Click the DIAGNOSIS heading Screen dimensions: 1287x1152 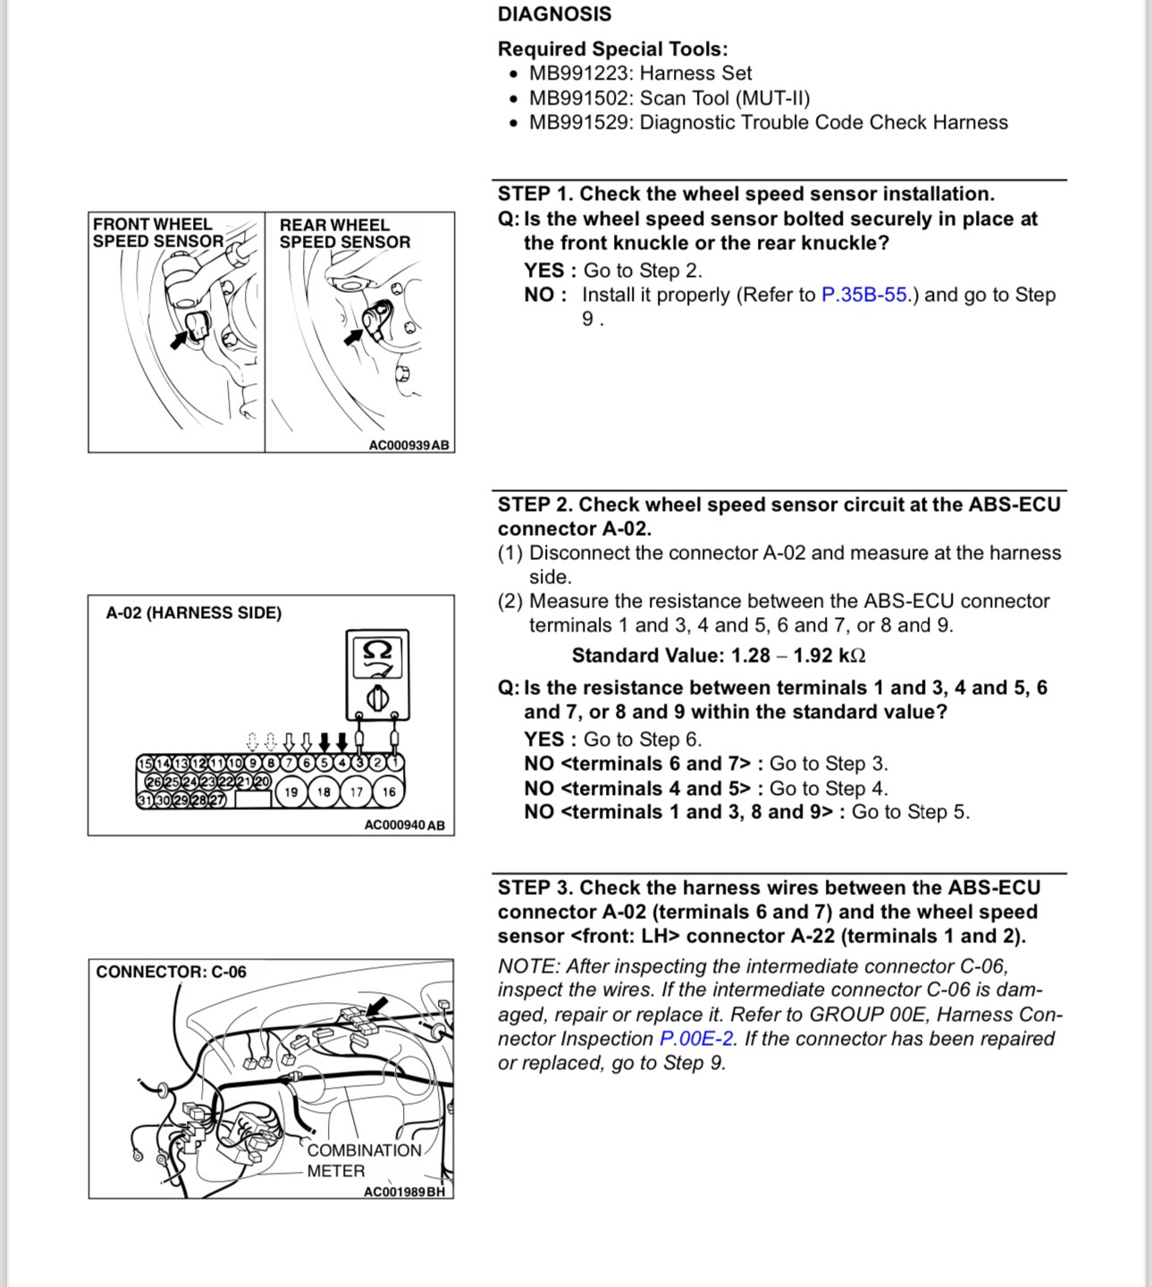pyautogui.click(x=554, y=14)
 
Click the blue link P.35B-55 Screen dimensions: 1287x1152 pyautogui.click(x=863, y=295)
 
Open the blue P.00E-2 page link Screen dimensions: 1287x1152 pyautogui.click(x=696, y=1039)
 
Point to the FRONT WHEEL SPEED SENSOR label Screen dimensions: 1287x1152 pyautogui.click(x=157, y=233)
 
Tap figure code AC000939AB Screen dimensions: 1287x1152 pyautogui.click(x=408, y=445)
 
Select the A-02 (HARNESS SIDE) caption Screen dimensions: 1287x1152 pyautogui.click(x=193, y=613)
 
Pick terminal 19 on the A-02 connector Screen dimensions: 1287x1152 pyautogui.click(x=291, y=792)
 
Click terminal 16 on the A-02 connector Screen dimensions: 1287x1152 pyautogui.click(x=389, y=792)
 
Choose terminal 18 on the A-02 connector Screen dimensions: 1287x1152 pyautogui.click(x=324, y=792)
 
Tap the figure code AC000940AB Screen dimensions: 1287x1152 pyautogui.click(x=404, y=825)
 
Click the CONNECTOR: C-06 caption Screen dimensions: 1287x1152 pyautogui.click(x=171, y=972)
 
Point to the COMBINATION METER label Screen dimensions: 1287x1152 pyautogui.click(x=363, y=1160)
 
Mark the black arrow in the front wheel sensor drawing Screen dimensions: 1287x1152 pyautogui.click(x=181, y=338)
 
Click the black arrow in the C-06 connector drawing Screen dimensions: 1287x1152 pyautogui.click(x=377, y=1007)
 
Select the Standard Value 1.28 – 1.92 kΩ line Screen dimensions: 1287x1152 pyautogui.click(x=719, y=656)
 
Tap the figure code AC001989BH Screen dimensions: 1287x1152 pyautogui.click(x=404, y=1191)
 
